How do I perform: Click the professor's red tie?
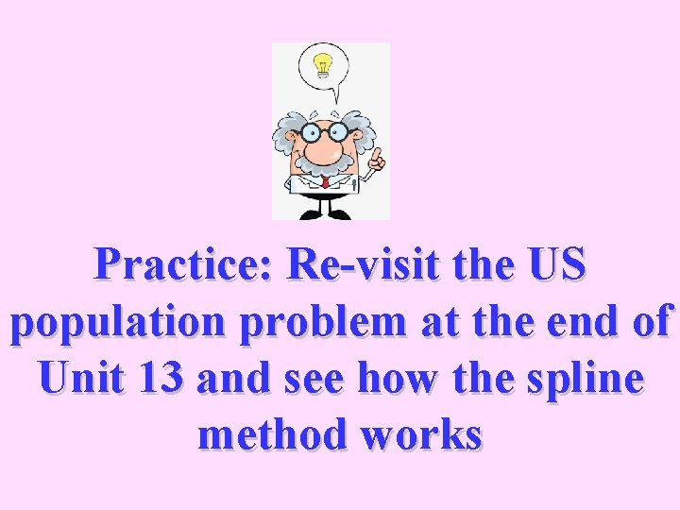326,181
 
